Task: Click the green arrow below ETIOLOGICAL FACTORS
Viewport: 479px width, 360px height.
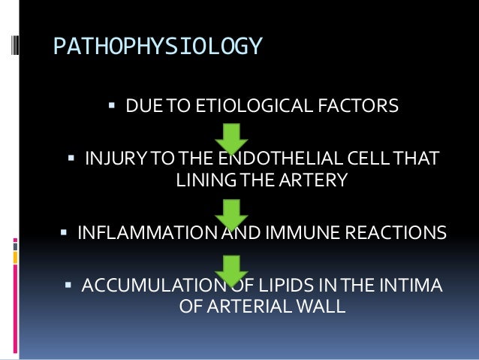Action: click(x=232, y=138)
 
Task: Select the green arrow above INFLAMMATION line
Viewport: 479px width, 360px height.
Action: click(x=232, y=213)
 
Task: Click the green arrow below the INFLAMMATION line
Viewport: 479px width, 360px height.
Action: click(x=232, y=269)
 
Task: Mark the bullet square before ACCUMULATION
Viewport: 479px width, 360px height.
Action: click(x=68, y=286)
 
